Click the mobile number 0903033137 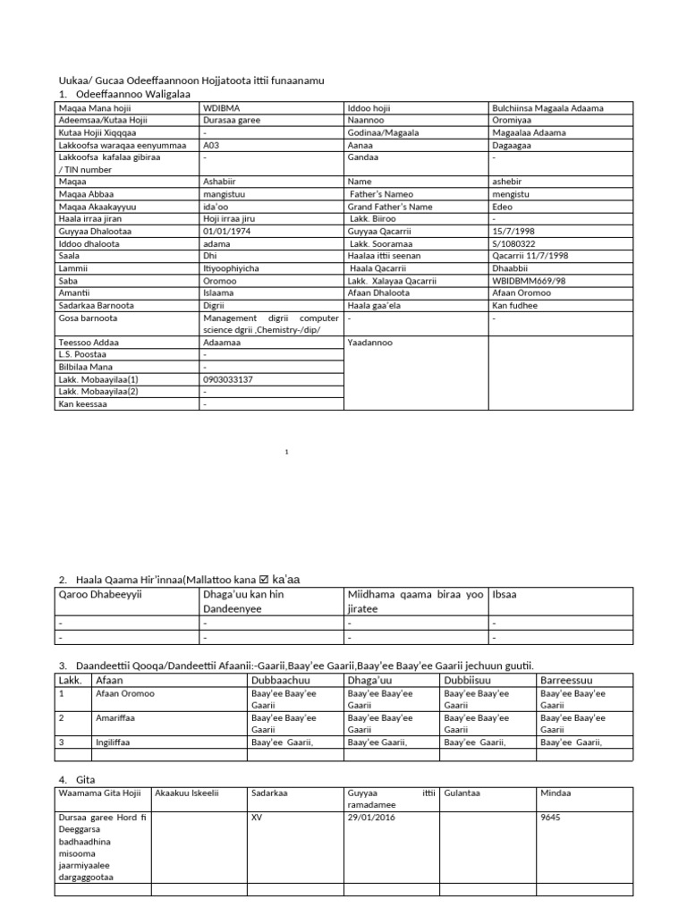[x=228, y=379]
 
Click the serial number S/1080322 [x=515, y=243]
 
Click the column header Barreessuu [x=567, y=681]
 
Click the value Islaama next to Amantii [x=220, y=293]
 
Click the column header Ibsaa [x=505, y=593]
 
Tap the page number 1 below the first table [x=287, y=453]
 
